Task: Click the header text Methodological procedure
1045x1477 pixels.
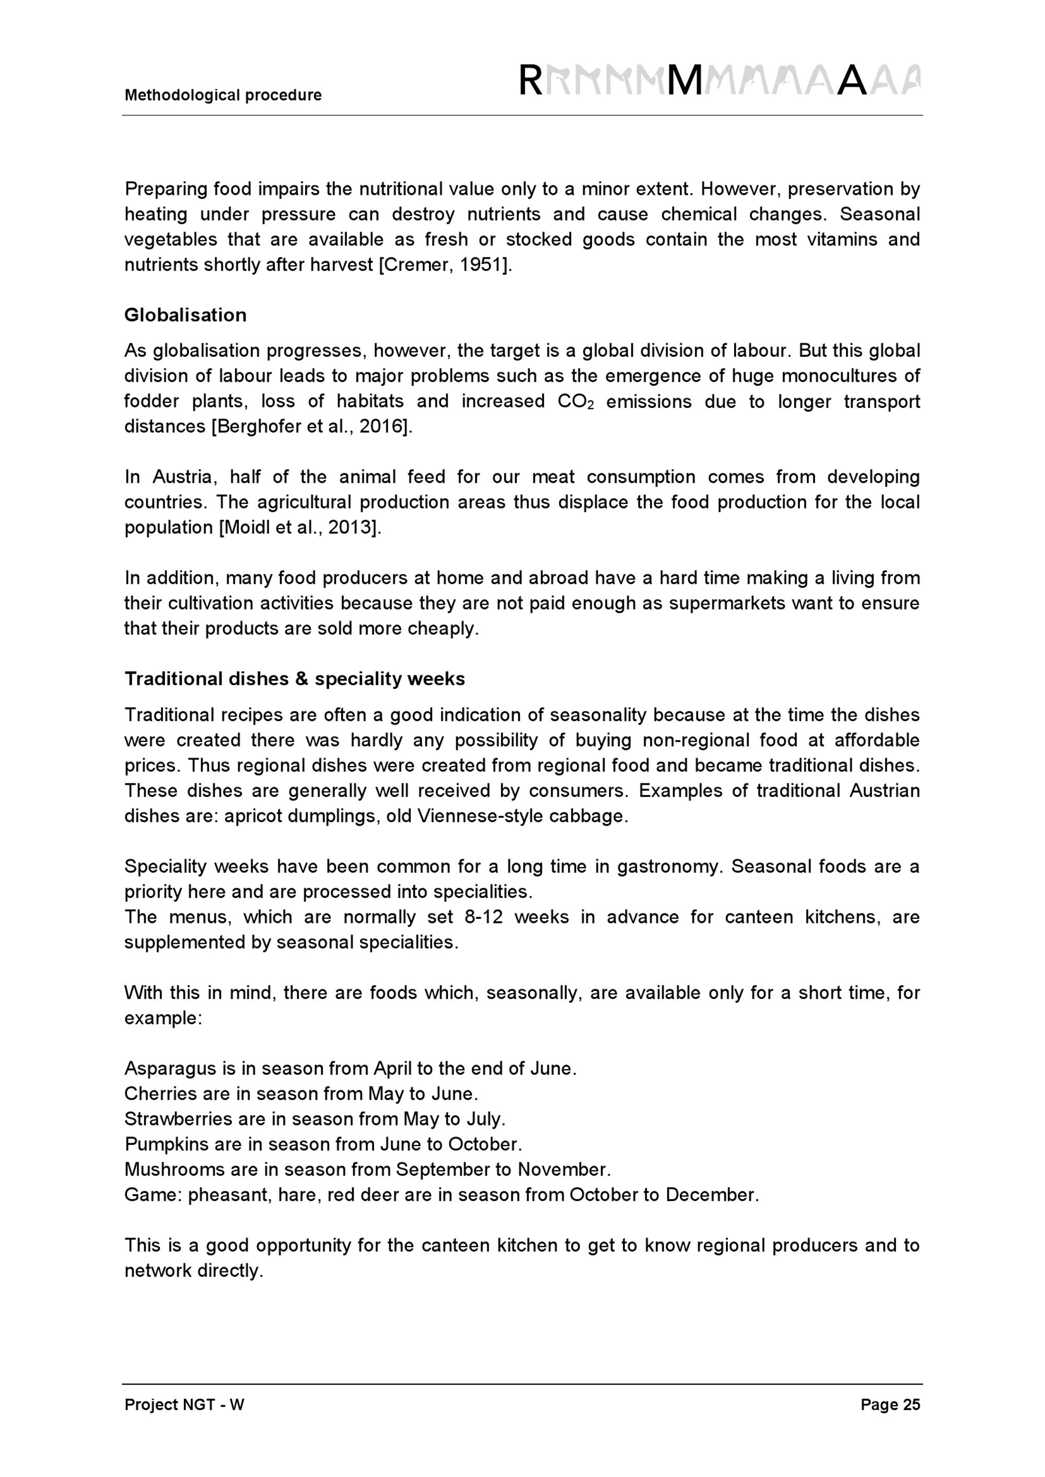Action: click(x=223, y=95)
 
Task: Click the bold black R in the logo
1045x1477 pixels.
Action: click(x=530, y=81)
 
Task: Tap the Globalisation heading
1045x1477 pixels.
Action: click(x=185, y=315)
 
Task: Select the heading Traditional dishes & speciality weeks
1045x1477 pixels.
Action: click(x=295, y=679)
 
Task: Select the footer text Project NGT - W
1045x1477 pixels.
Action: click(x=184, y=1405)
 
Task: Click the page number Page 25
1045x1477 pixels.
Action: click(x=890, y=1405)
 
